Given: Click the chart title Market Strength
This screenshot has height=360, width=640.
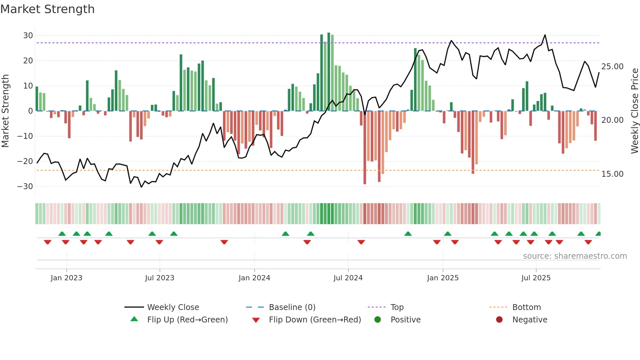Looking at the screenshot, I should coord(47,9).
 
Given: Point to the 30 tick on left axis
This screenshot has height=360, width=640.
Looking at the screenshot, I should coord(28,35).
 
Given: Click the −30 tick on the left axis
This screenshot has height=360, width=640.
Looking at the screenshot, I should coord(25,187).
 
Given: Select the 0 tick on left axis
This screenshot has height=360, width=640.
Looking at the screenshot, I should coord(30,111).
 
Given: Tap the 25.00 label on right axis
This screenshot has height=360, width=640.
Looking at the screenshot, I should coord(612,67).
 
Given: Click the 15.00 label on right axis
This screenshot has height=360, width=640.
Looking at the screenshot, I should coord(612,174).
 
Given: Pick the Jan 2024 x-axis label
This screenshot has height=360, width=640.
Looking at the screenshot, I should coord(254,278).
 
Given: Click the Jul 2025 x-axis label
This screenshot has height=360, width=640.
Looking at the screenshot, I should coord(536,278).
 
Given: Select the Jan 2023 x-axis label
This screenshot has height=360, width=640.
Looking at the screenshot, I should coord(67,278).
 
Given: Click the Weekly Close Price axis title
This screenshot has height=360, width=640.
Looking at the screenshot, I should coord(634,111).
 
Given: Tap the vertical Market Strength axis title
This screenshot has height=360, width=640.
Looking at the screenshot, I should coord(5,111).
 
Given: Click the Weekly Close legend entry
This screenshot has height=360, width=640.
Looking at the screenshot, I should coord(173,307).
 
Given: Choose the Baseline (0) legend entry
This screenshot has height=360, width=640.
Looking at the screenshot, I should coord(292,307).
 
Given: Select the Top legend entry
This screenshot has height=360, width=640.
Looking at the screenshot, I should coord(397,307).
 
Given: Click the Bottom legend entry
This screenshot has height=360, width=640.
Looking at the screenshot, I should coord(526,307).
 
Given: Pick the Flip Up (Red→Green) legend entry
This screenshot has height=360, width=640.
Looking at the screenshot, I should coord(187,320).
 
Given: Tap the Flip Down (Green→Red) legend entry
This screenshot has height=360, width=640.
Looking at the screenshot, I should coord(315,320).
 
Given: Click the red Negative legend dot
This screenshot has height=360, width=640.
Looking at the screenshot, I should coord(499,320).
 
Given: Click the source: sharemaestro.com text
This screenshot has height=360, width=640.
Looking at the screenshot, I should coord(575,256).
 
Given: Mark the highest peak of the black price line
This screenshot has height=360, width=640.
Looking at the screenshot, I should coord(545,35).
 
